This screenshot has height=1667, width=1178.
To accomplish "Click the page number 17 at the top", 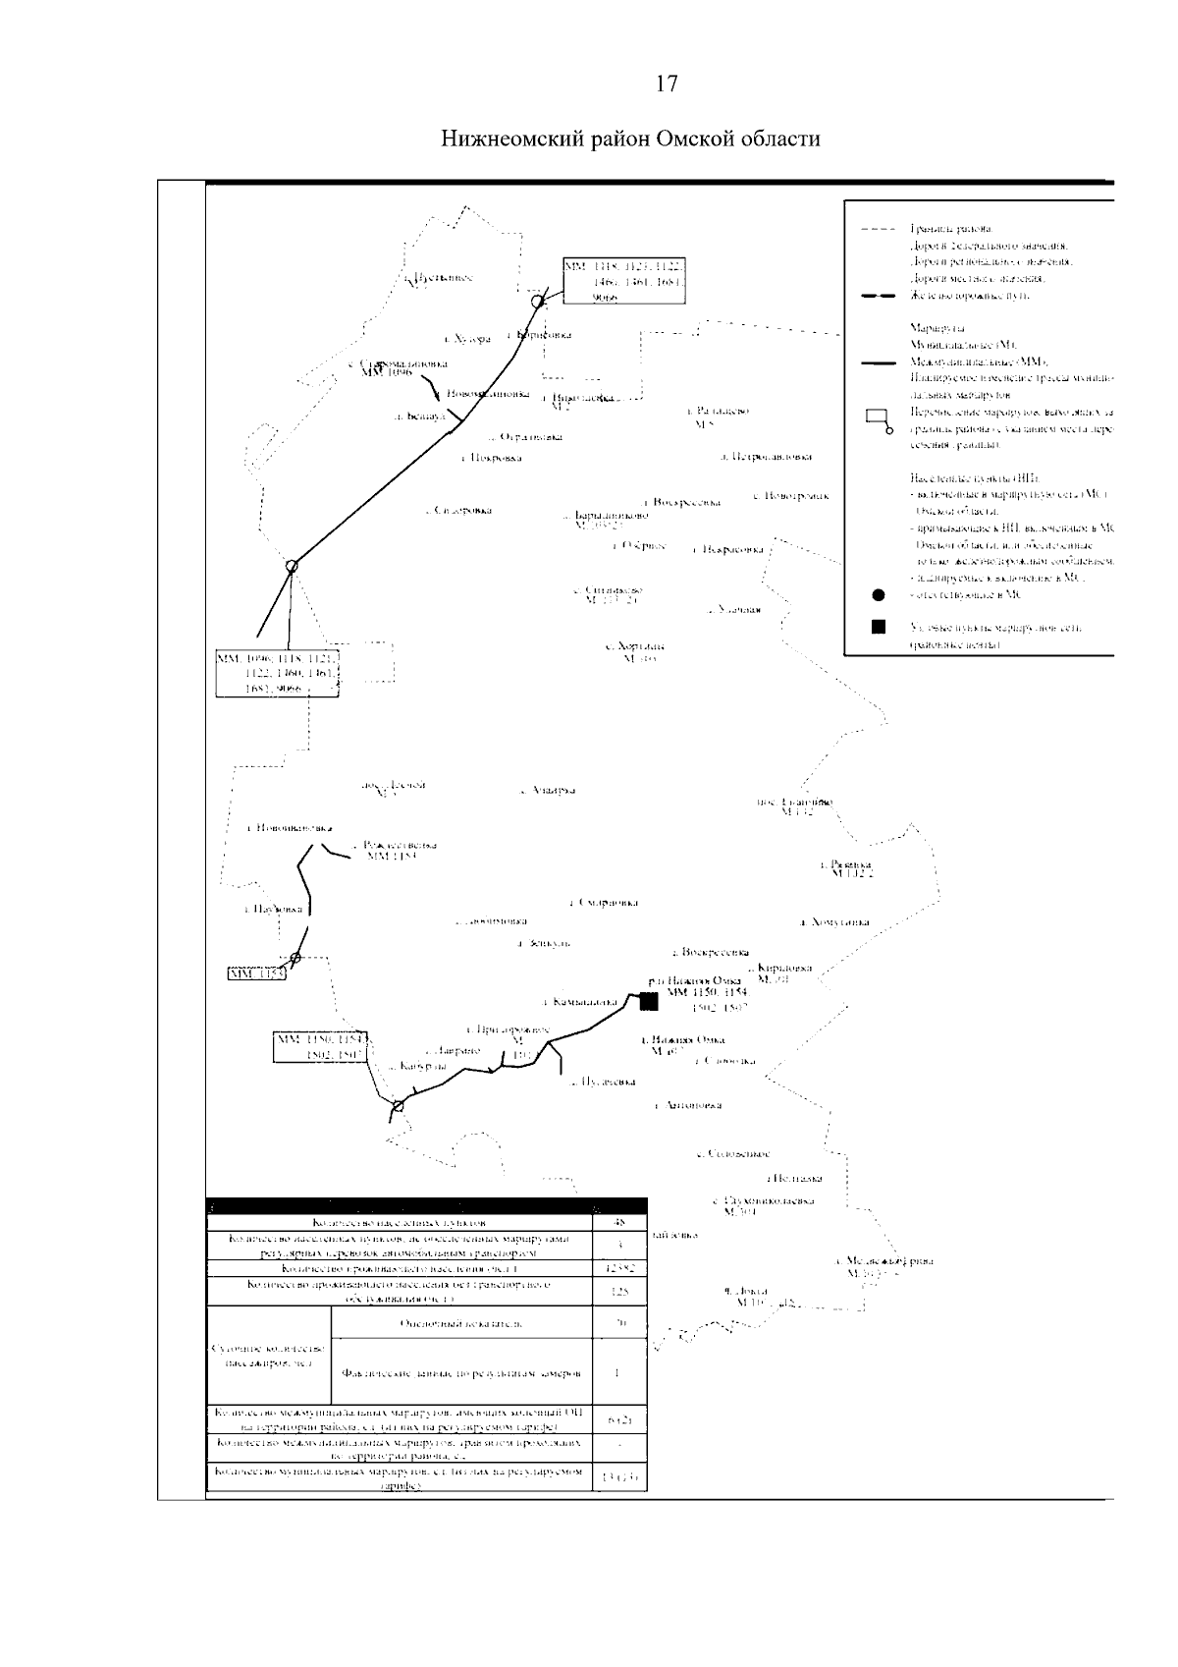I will click(667, 84).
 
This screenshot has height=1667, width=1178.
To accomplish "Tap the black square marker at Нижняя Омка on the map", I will click(647, 1001).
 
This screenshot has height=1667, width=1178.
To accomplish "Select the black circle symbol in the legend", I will click(878, 595).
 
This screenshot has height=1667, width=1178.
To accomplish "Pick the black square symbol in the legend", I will click(879, 627).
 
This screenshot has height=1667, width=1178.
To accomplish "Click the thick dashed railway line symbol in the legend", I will click(878, 296).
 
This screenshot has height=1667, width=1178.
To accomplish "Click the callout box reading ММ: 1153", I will click(255, 973).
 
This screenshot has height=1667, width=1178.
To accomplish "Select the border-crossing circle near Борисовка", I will click(537, 302).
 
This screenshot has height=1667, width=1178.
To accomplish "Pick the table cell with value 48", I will click(618, 1223).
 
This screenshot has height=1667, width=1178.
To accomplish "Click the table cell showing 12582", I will click(618, 1269).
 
